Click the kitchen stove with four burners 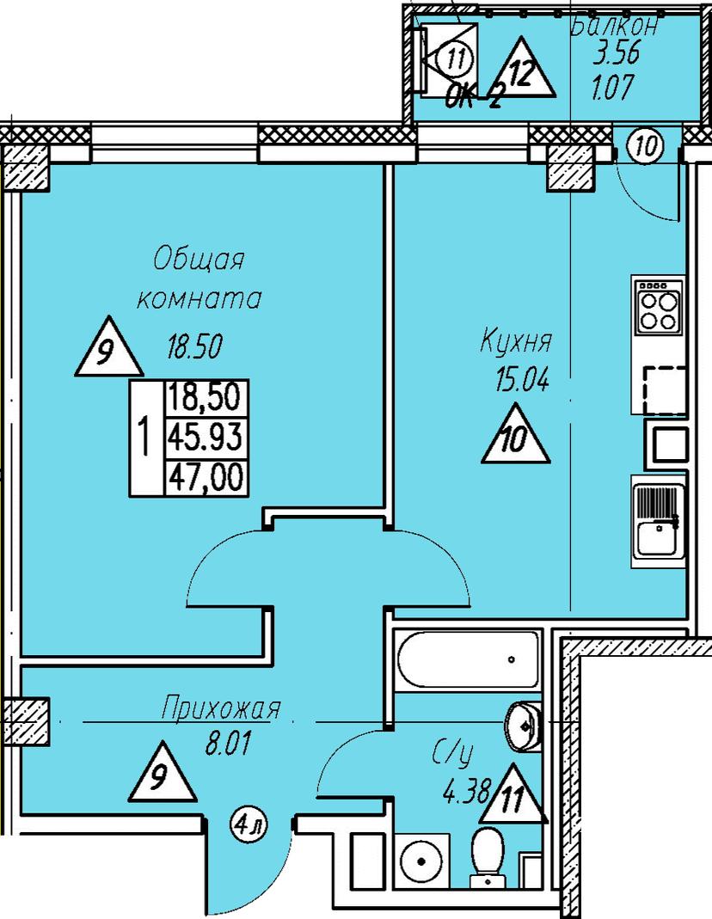click(x=658, y=305)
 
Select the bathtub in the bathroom click(x=468, y=659)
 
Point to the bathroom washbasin click(x=524, y=726)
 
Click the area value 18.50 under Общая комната click(x=194, y=346)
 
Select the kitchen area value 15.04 click(x=522, y=381)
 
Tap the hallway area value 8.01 click(x=228, y=744)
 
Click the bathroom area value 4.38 click(x=466, y=793)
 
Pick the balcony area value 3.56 click(x=616, y=54)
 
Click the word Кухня click(x=516, y=341)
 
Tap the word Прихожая click(x=221, y=708)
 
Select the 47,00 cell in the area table click(x=206, y=478)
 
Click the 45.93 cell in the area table click(x=206, y=438)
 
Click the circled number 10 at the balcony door click(x=646, y=145)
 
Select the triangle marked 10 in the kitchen click(x=515, y=435)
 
